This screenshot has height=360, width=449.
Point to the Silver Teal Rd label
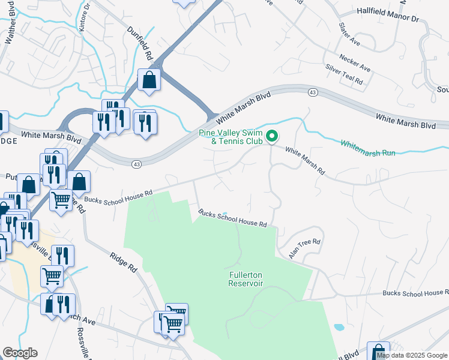[344, 75]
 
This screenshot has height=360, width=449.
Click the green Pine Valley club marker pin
[272, 137]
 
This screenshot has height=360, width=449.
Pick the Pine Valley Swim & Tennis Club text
[231, 137]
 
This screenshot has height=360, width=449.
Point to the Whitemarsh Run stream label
[368, 148]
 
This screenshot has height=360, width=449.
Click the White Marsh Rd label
[304, 161]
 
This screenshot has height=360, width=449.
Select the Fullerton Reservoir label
[246, 279]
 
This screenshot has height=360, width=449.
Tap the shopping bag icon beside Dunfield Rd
[149, 80]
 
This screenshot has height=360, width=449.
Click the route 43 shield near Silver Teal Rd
[313, 92]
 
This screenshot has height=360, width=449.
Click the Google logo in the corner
[19, 353]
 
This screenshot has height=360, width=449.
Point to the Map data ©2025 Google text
[412, 355]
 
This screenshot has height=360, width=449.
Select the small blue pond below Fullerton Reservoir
[339, 328]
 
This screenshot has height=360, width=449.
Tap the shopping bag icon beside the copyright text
[378, 352]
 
